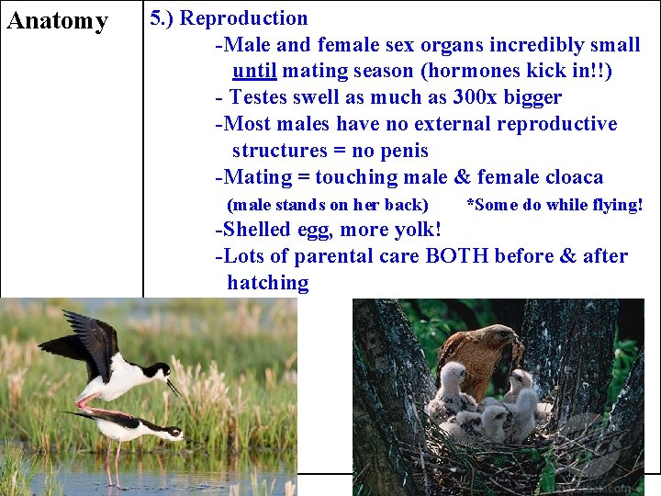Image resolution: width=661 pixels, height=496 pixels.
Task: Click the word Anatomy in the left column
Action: point(57,21)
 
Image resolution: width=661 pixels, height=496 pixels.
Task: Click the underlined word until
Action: point(256,71)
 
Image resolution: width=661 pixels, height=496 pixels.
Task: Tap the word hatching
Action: point(268,283)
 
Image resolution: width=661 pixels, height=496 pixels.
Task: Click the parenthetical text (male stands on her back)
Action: point(327,205)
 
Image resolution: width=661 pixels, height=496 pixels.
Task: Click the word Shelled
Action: point(262,230)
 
